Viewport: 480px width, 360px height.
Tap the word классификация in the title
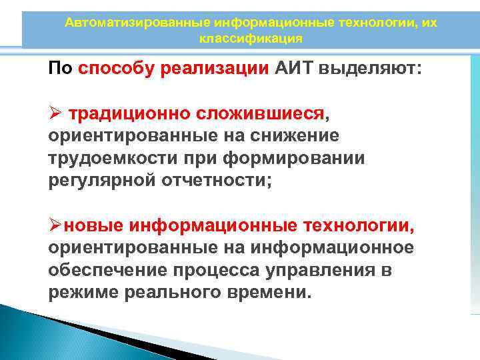pos(251,39)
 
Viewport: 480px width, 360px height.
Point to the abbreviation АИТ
pos(295,69)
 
